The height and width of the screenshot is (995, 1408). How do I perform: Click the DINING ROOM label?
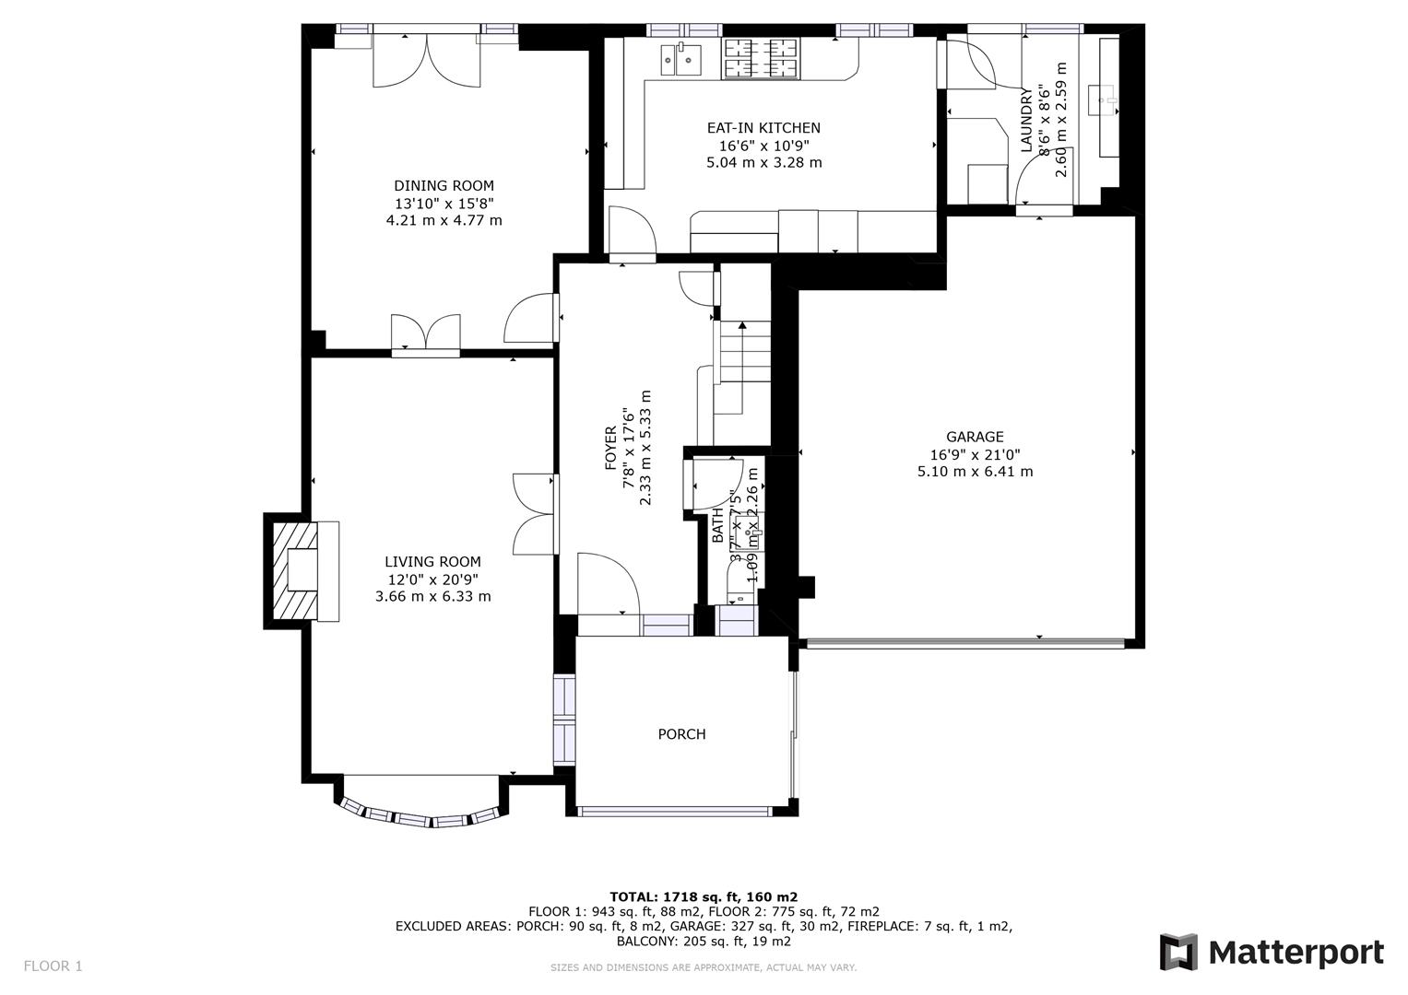point(444,185)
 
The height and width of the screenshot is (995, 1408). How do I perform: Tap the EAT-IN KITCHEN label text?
point(763,128)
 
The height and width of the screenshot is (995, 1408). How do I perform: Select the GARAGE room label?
point(975,437)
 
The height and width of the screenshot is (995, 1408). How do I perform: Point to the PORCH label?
point(681,734)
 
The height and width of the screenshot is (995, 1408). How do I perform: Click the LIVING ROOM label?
point(432,561)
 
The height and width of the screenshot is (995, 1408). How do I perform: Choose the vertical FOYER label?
point(610,448)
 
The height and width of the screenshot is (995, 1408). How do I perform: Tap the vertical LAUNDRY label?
point(1026,120)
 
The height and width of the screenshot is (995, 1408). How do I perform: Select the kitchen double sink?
point(680,60)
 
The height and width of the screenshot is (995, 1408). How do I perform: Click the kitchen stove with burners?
point(761,58)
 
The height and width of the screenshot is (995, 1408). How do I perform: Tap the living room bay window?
point(420,815)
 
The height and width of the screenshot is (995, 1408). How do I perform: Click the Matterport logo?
point(1272,952)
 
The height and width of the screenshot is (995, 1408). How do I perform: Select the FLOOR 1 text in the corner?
point(53,966)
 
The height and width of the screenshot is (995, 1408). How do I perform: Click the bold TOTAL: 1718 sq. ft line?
point(704,896)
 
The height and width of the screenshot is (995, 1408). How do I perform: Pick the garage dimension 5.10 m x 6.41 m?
point(975,472)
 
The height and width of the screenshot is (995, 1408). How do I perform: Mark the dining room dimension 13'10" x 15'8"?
point(444,203)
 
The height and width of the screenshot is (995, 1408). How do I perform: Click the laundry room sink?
point(1103,99)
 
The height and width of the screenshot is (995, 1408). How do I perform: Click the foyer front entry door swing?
point(606,583)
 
